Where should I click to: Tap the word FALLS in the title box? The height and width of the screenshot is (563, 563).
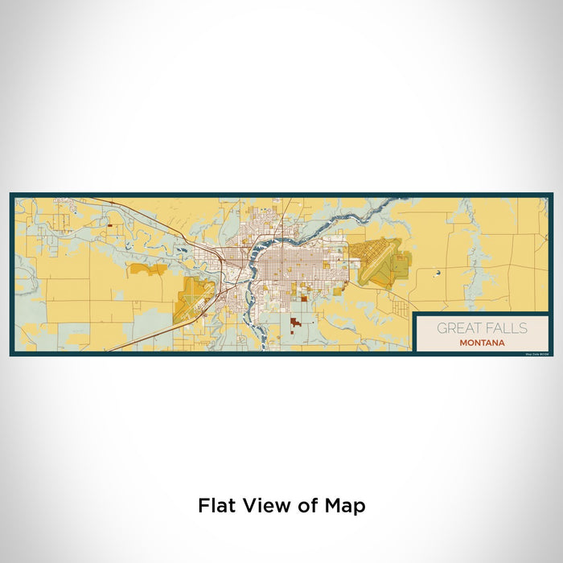508,328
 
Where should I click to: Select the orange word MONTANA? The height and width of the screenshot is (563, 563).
483,342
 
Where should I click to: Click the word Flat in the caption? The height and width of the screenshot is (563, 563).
216,506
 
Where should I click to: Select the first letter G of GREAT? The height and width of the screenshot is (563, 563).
442,328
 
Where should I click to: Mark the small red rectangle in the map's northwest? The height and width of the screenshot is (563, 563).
109,227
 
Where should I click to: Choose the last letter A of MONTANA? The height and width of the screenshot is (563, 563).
503,342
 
